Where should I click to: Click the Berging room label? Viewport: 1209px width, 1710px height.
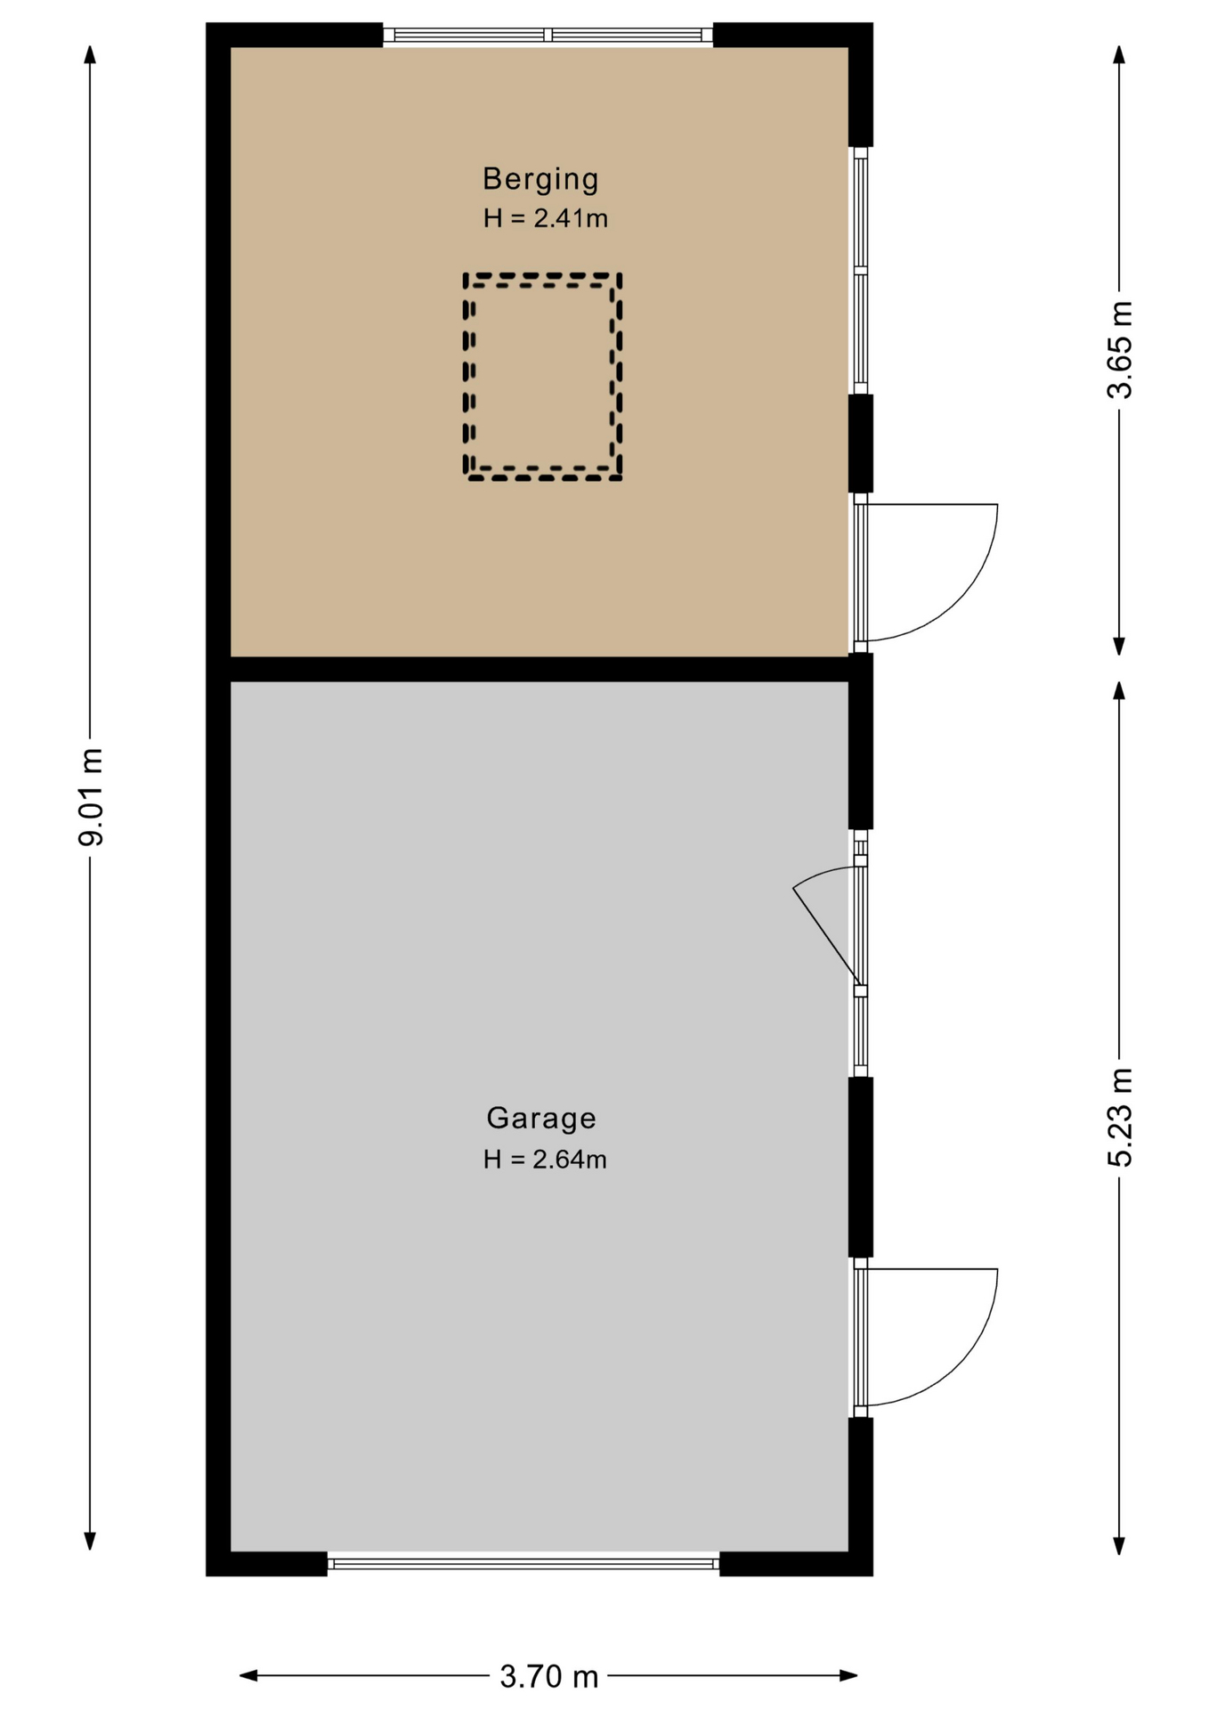540,180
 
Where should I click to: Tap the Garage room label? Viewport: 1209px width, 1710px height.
541,1118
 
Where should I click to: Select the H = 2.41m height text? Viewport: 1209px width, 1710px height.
545,218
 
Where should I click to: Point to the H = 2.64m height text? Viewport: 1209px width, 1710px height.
545,1159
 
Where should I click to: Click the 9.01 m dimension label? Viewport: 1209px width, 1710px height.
91,797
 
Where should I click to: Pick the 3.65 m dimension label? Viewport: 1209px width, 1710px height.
1119,350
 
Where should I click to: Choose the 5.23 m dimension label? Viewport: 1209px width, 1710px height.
1119,1117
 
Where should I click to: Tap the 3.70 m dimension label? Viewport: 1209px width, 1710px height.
548,1677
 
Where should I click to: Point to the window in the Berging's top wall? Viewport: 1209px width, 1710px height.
548,36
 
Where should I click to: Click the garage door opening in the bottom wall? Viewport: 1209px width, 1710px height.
523,1563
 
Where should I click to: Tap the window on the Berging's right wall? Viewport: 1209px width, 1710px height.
861,271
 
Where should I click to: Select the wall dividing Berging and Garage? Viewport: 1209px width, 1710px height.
540,669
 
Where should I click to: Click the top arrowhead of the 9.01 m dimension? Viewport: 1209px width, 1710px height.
90,54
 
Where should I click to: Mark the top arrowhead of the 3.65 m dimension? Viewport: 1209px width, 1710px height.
1119,54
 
